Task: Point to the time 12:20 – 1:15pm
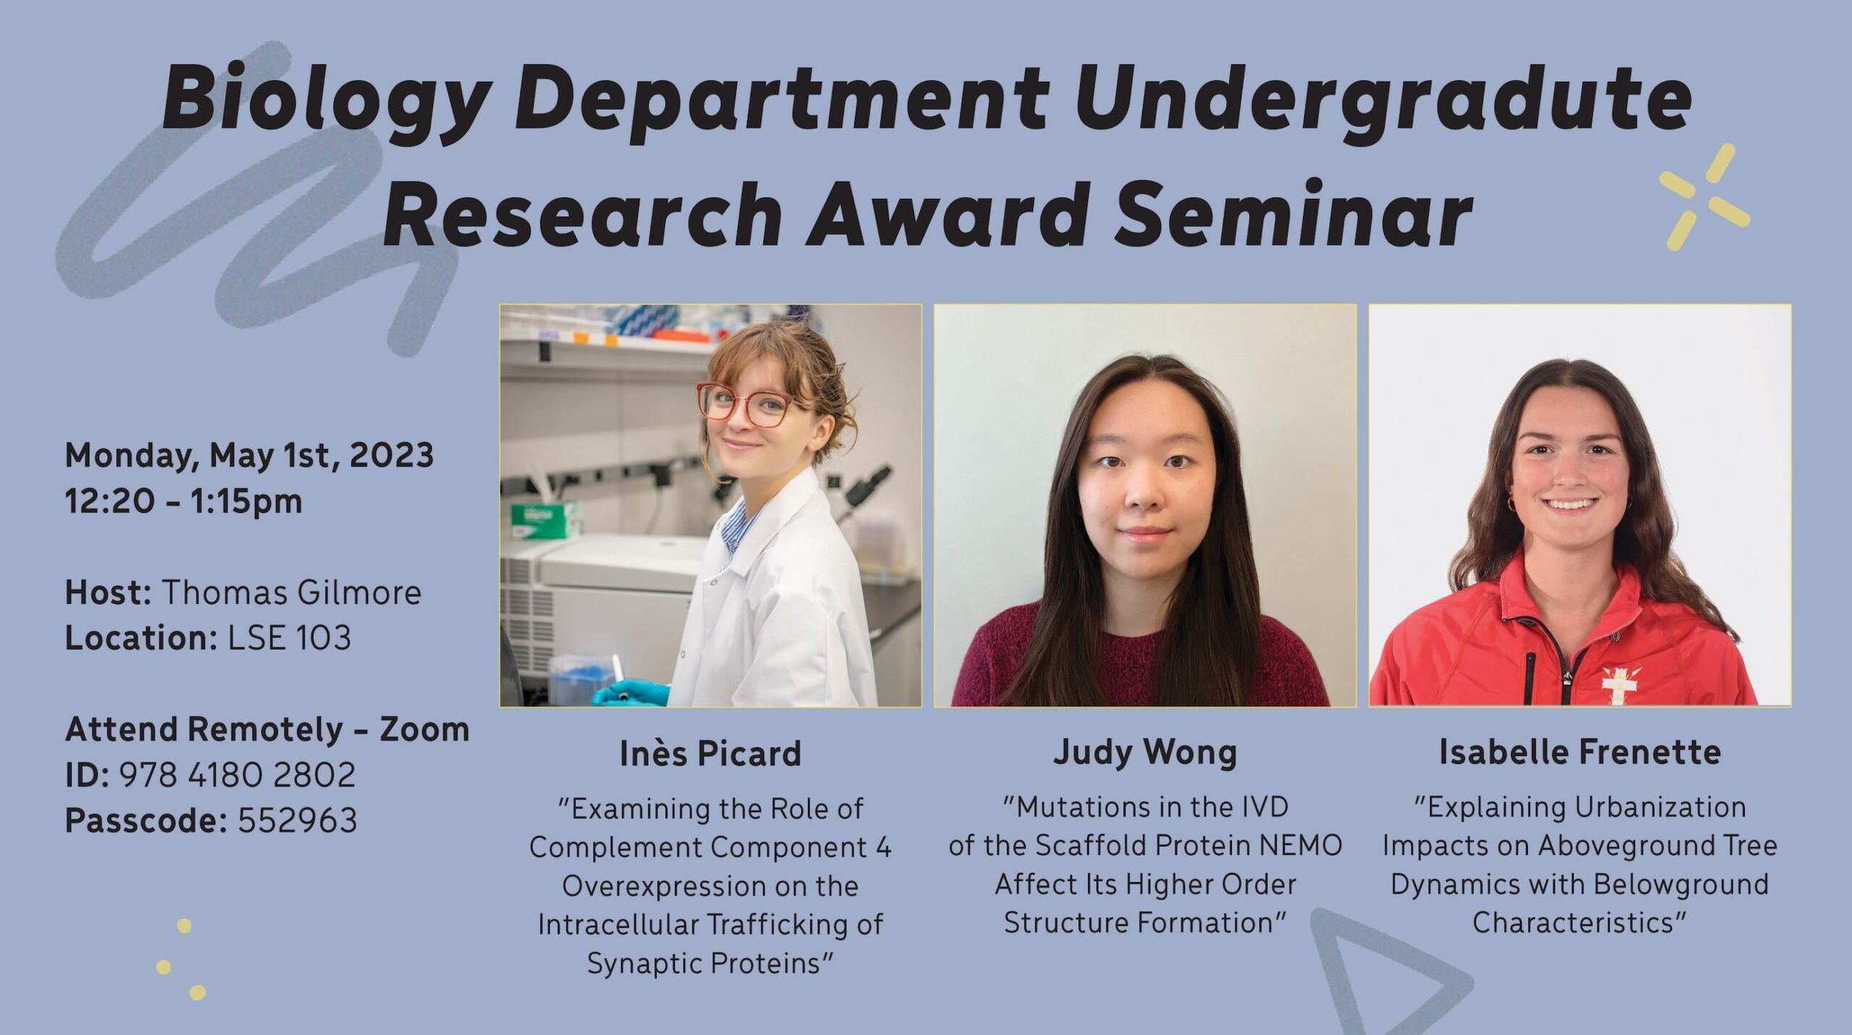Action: tap(184, 501)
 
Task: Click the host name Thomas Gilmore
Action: tap(291, 592)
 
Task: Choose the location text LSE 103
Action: tap(289, 638)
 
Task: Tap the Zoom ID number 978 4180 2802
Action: tap(237, 775)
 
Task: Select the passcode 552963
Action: tap(297, 820)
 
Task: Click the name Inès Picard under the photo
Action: tap(710, 753)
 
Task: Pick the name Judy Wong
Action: tap(1145, 752)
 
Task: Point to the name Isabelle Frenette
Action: tap(1580, 752)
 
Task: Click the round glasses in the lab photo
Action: tap(744, 404)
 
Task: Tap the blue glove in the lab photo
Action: tap(631, 692)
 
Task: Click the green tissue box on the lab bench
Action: tap(546, 519)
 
